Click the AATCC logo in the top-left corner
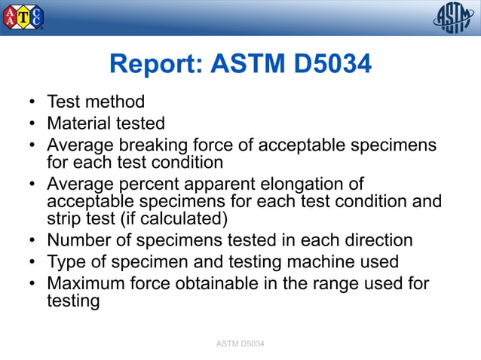pos(23,17)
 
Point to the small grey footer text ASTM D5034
pos(240,344)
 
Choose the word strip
pos(61,219)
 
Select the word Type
pos(66,262)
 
